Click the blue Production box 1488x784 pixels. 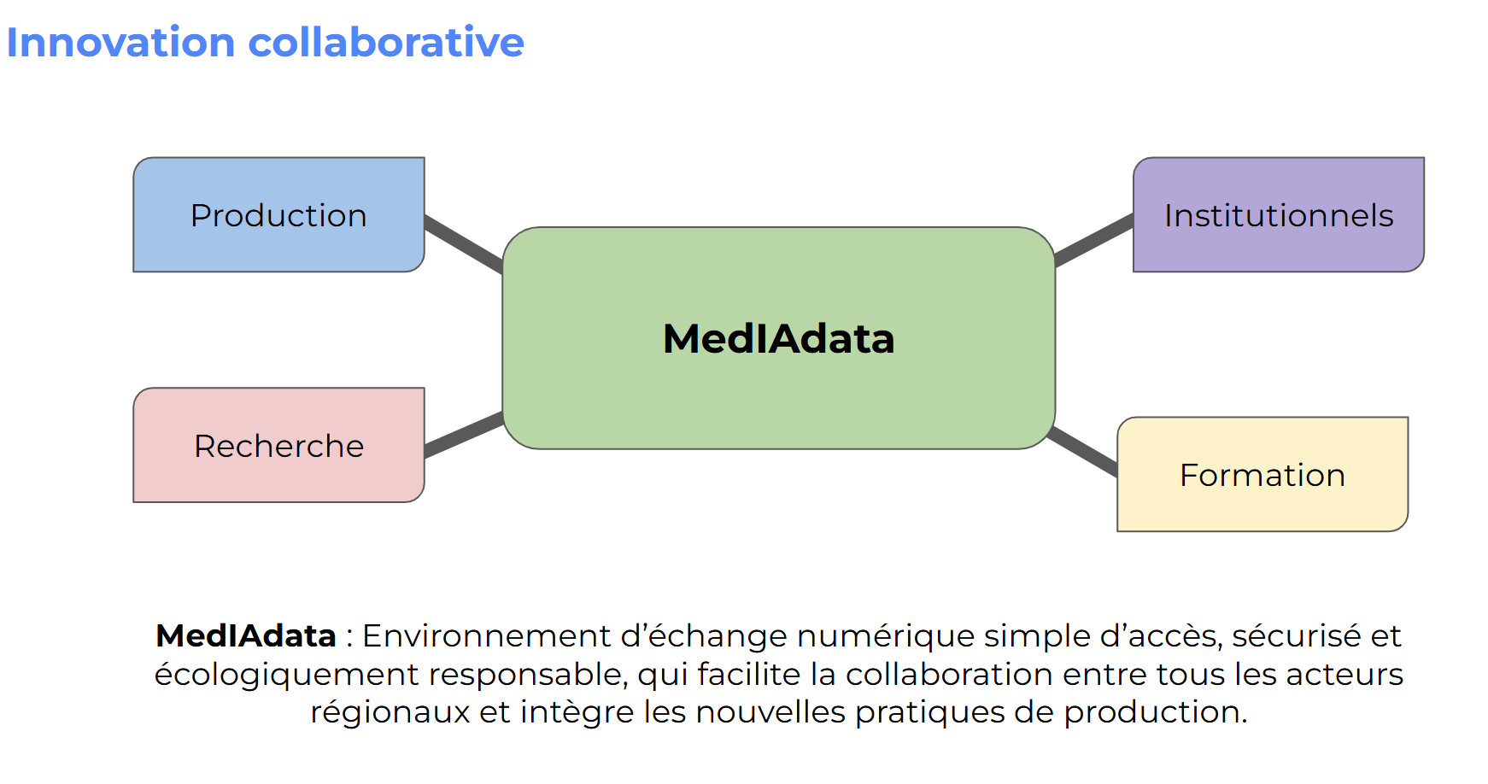point(278,215)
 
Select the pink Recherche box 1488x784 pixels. point(278,446)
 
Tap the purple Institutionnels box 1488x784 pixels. point(1278,215)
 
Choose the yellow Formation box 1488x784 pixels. point(1262,475)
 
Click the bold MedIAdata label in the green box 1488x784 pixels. point(778,338)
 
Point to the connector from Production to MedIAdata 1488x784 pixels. point(464,243)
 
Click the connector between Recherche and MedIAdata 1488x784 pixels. point(464,434)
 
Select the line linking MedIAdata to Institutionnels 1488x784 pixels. point(1094,240)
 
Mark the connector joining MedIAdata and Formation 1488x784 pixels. point(1083,451)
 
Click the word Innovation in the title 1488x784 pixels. point(120,43)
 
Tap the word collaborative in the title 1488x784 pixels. point(386,43)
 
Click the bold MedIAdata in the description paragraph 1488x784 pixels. point(245,636)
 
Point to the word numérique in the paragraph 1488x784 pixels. point(886,636)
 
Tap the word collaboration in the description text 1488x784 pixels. point(949,675)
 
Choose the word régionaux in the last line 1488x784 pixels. point(390,712)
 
